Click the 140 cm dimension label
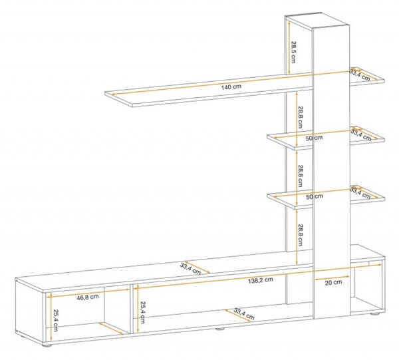(x=231, y=87)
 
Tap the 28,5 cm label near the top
(x=293, y=52)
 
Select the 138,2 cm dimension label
(x=261, y=280)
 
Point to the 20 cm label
(x=333, y=282)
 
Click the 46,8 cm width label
(x=88, y=297)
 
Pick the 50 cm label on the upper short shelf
(x=314, y=138)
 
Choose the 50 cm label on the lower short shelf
(x=315, y=196)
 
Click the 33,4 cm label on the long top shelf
(x=360, y=75)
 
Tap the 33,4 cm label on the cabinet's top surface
(x=190, y=269)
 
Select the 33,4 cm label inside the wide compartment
(x=244, y=314)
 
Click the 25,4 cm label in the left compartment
(x=55, y=321)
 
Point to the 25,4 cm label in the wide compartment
(x=142, y=313)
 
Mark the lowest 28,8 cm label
(x=300, y=235)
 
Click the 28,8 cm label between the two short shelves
(x=300, y=176)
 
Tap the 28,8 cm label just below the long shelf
(x=300, y=117)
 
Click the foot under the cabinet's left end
(x=47, y=345)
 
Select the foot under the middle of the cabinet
(x=220, y=329)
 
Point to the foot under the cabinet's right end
(x=374, y=314)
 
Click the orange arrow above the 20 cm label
(x=332, y=277)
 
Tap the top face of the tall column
(x=318, y=21)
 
